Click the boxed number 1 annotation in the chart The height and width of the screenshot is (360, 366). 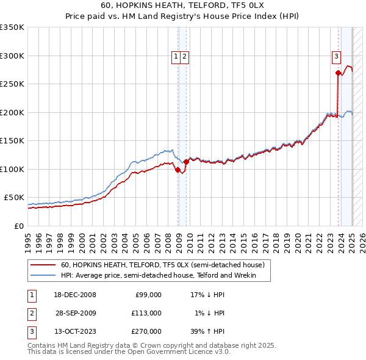[176, 57]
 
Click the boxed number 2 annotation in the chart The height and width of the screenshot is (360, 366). [184, 57]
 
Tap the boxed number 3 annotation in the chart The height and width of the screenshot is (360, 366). [336, 57]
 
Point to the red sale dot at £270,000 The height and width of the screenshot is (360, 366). [338, 73]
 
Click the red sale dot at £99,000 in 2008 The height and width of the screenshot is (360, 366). [178, 170]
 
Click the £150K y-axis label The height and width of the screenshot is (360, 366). [12, 141]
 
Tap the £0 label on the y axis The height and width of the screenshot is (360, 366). [20, 226]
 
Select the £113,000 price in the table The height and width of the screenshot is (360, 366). [146, 313]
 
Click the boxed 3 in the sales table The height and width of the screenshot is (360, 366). [30, 331]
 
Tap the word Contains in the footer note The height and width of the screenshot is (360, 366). [42, 345]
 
